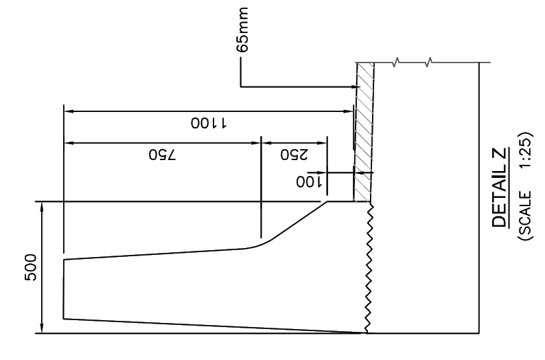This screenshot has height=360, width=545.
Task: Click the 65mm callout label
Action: [242, 30]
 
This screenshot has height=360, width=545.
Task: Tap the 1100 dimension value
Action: [209, 123]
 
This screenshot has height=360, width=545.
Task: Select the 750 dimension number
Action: [162, 155]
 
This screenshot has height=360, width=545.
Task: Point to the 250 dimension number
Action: [294, 155]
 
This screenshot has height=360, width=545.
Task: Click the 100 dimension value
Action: [310, 181]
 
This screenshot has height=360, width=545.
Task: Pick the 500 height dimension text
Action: [31, 267]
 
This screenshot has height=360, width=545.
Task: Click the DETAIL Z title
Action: [499, 187]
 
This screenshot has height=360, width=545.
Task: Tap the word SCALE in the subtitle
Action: [524, 213]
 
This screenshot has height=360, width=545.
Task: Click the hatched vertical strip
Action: [364, 132]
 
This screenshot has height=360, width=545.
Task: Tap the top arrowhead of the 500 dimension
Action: [42, 207]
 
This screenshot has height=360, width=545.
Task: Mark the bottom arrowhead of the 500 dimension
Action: [42, 328]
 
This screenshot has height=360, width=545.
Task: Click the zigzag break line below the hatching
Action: [369, 268]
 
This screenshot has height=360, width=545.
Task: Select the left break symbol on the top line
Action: [395, 63]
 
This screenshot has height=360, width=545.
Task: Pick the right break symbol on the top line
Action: [429, 63]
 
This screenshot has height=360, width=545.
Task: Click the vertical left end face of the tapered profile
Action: [64, 289]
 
